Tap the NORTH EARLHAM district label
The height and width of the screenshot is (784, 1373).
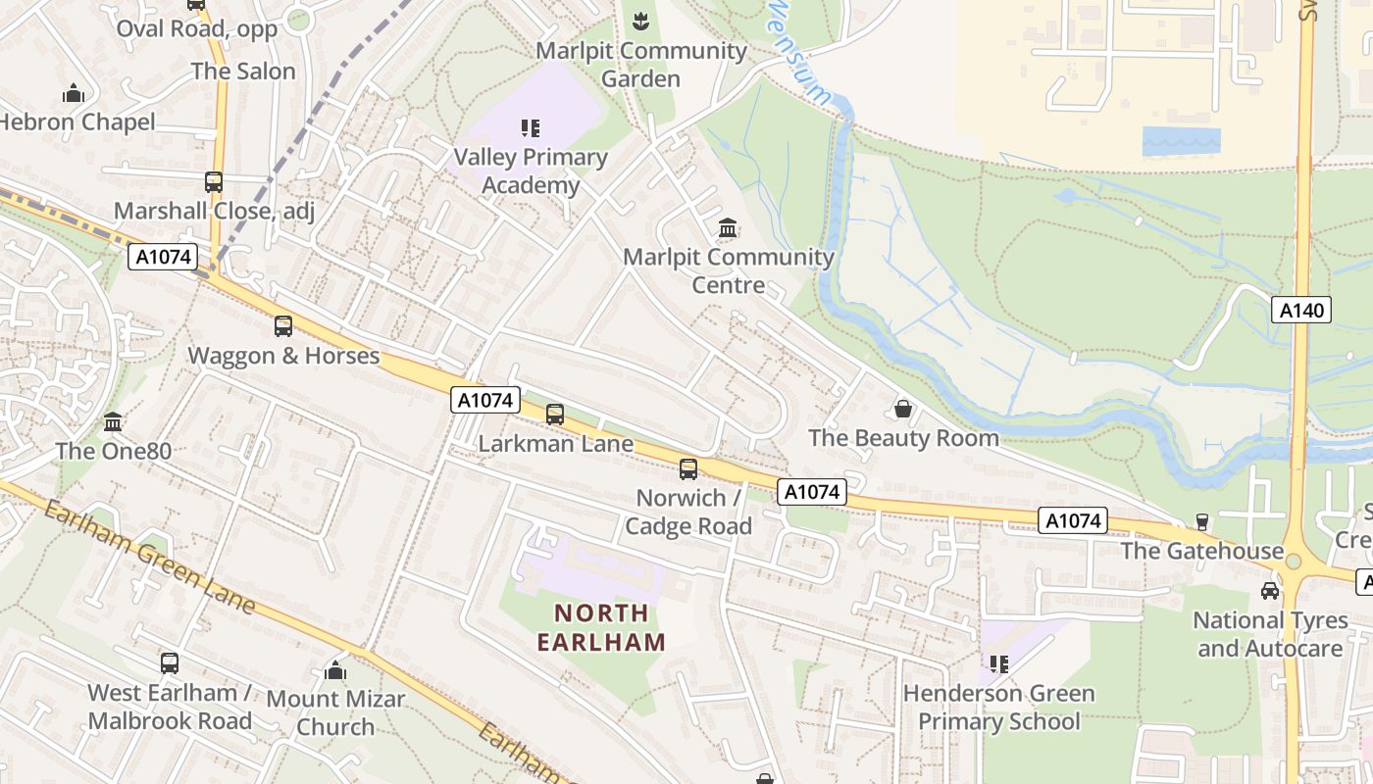click(601, 628)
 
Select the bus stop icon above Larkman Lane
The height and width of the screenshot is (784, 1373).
click(555, 415)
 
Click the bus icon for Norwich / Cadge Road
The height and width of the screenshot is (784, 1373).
click(688, 469)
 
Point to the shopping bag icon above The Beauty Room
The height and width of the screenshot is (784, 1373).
click(903, 409)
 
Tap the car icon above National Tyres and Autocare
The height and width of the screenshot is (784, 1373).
click(1270, 591)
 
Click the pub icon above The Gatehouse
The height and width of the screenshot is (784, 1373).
click(1202, 521)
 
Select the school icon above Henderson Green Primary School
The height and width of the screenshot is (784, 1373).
click(998, 664)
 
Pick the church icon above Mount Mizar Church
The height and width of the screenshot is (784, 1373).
click(335, 670)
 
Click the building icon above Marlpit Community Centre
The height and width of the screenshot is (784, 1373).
click(728, 228)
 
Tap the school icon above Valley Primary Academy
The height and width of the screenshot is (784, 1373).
click(531, 128)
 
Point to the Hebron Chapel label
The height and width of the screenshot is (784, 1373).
click(77, 122)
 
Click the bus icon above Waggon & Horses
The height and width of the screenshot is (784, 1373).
click(283, 326)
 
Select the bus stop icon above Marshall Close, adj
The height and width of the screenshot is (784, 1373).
click(214, 182)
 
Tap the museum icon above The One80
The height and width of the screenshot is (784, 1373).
click(113, 422)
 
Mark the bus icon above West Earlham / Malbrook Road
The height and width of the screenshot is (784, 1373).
click(170, 663)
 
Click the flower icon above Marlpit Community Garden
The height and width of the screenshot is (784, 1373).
click(640, 21)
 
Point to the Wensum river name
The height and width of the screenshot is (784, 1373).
click(798, 54)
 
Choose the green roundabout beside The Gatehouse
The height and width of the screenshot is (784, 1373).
click(1294, 562)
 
